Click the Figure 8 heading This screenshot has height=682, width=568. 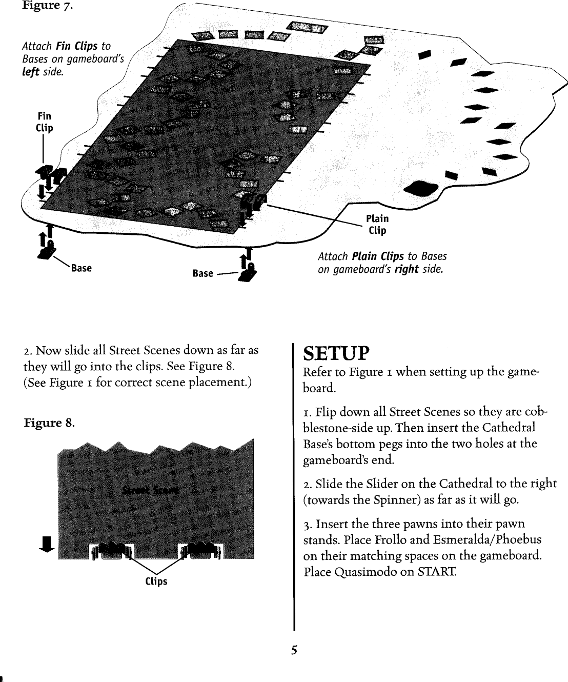tap(49, 423)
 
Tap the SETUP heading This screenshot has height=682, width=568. tap(336, 353)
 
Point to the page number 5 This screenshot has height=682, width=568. tap(294, 650)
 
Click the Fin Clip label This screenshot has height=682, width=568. tap(44, 122)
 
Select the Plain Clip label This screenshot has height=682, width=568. tap(377, 225)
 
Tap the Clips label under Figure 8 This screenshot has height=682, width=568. tap(156, 581)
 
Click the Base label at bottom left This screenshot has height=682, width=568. tap(82, 268)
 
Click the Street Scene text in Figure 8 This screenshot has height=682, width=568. tap(150, 490)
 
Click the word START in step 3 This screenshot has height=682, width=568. tap(437, 572)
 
